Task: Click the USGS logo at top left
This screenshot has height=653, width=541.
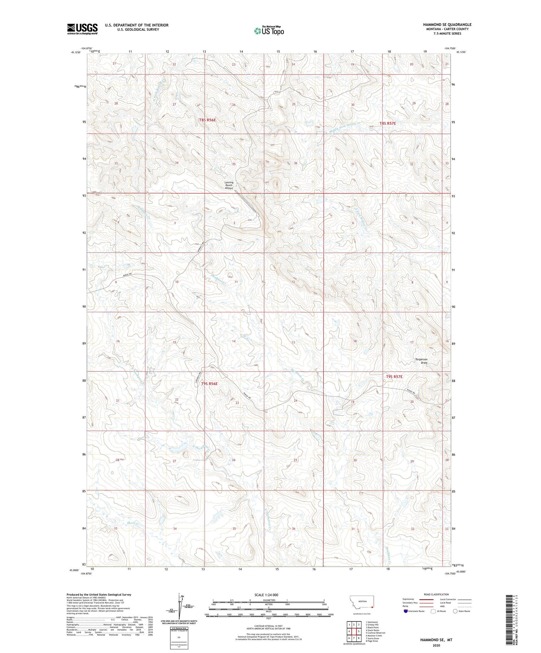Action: coord(82,28)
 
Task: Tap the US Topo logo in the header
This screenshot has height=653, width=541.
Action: coord(269,31)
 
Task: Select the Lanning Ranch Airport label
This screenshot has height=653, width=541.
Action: coord(229,185)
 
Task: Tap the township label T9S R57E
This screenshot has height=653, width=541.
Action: coord(394,376)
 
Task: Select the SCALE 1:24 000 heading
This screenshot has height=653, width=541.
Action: coord(266,595)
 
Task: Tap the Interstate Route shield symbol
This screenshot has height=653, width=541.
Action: coord(405,611)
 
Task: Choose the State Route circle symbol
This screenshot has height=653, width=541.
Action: coord(455,611)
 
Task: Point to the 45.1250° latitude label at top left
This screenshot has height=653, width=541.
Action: coord(76,52)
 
